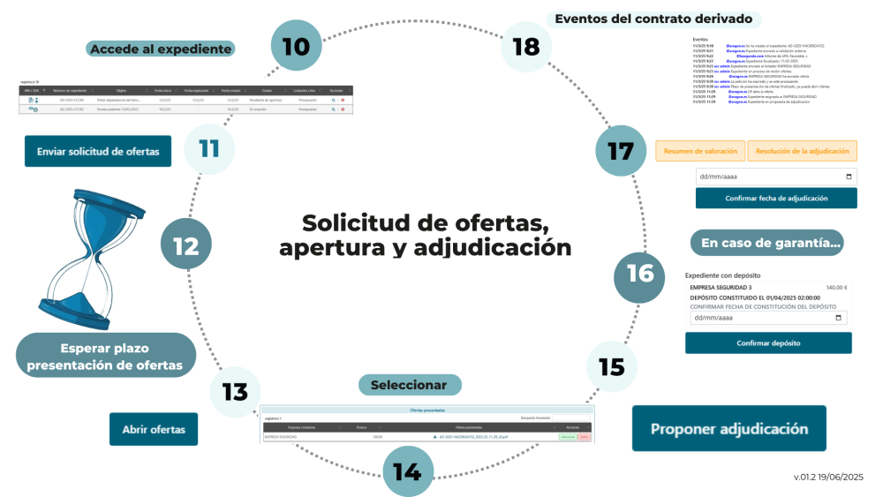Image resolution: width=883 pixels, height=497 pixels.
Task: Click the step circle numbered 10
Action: pos(296,47)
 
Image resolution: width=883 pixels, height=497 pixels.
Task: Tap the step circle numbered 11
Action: pos(208,147)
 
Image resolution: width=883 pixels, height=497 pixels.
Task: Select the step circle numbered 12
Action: pos(185,245)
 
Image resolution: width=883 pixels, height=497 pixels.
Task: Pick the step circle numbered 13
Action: pos(235,392)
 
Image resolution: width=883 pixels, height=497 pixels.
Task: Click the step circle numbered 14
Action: pos(407,471)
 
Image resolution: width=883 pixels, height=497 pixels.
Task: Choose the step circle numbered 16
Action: pos(639,274)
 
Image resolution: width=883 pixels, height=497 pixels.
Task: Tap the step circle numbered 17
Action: pos(621,151)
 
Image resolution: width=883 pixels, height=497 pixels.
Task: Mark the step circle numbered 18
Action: pos(526,46)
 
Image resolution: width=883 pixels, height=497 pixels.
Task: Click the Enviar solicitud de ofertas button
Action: pos(98,152)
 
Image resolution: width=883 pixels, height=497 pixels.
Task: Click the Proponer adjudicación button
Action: pos(729,429)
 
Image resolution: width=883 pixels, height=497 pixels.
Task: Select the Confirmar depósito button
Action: pos(768,343)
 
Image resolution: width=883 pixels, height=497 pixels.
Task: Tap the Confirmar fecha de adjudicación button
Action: pos(776,198)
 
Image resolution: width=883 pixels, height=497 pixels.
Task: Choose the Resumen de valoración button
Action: pos(700,151)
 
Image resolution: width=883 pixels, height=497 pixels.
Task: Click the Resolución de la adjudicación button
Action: pos(803,151)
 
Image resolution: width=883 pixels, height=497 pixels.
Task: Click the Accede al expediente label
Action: pos(161,49)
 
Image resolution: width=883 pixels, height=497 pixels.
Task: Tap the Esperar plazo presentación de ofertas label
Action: pos(105,356)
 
